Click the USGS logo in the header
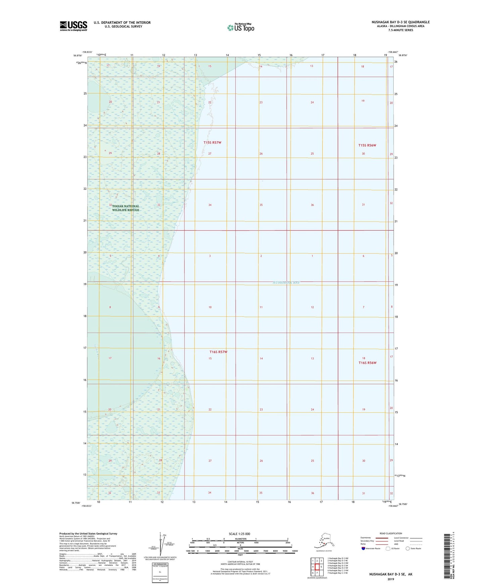73,26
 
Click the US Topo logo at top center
240,28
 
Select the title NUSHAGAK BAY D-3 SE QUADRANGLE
400,22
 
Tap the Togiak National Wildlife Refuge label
126,208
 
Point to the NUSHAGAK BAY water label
286,283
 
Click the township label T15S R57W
212,143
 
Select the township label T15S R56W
367,145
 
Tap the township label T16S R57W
219,352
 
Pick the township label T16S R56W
368,363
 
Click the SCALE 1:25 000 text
240,534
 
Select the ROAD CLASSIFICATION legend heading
391,533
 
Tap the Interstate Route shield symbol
363,548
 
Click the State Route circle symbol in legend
408,548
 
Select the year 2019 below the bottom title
391,579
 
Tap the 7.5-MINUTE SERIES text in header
400,30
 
